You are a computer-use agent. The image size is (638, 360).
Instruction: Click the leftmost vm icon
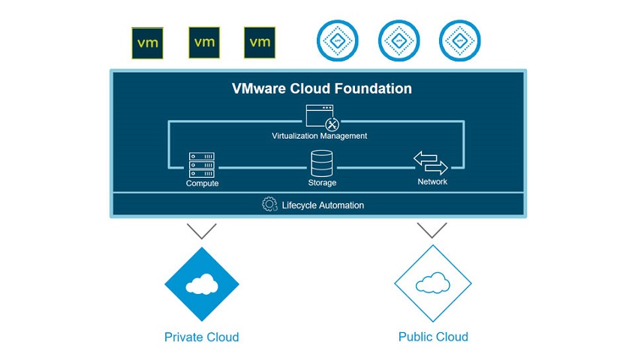[x=149, y=43]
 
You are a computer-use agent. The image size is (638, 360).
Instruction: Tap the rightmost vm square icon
[x=260, y=43]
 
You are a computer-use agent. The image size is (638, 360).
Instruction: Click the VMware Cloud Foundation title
[x=321, y=88]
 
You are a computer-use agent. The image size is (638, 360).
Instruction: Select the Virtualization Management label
[x=320, y=136]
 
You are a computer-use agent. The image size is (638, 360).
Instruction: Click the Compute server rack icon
[x=202, y=164]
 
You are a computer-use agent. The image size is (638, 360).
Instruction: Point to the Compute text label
[x=202, y=183]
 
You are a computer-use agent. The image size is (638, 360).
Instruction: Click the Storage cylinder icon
[x=321, y=163]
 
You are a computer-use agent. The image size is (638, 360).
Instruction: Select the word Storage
[x=321, y=182]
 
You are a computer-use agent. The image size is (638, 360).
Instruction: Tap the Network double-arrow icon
[x=431, y=163]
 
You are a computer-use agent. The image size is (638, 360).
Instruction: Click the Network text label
[x=432, y=181]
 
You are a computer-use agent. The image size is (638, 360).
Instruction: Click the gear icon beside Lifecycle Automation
[x=269, y=204]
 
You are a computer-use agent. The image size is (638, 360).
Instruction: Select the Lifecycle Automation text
[x=324, y=205]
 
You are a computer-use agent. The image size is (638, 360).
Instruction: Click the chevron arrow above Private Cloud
[x=201, y=230]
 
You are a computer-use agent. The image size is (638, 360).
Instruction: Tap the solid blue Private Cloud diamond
[x=201, y=283]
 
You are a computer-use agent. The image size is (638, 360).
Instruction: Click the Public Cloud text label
[x=433, y=337]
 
